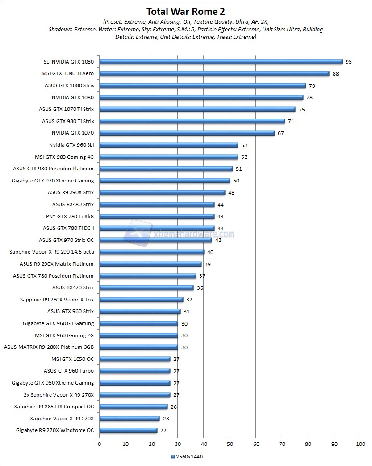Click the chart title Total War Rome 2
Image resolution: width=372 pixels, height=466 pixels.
[186, 11]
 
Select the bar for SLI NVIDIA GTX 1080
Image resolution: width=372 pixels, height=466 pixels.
[221, 62]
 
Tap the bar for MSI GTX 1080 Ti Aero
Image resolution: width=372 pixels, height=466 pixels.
[214, 73]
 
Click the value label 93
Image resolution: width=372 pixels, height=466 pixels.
[348, 62]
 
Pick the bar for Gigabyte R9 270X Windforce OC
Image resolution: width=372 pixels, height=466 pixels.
[128, 430]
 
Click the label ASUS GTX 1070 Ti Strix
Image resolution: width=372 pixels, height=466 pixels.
[67, 109]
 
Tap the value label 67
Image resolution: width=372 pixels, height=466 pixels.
[280, 133]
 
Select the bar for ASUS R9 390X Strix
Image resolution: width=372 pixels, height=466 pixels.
[162, 192]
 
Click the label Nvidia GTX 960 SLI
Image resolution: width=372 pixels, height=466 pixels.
[71, 145]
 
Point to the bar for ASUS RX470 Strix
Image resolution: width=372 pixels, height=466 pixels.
[146, 288]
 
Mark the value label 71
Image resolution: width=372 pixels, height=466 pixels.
[291, 121]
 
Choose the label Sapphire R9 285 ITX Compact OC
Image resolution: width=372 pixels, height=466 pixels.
[54, 407]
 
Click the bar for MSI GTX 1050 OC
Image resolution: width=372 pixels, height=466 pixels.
[134, 359]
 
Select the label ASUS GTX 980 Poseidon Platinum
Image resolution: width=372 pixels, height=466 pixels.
[54, 169]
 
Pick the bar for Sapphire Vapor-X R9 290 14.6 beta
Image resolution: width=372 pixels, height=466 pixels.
[151, 252]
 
